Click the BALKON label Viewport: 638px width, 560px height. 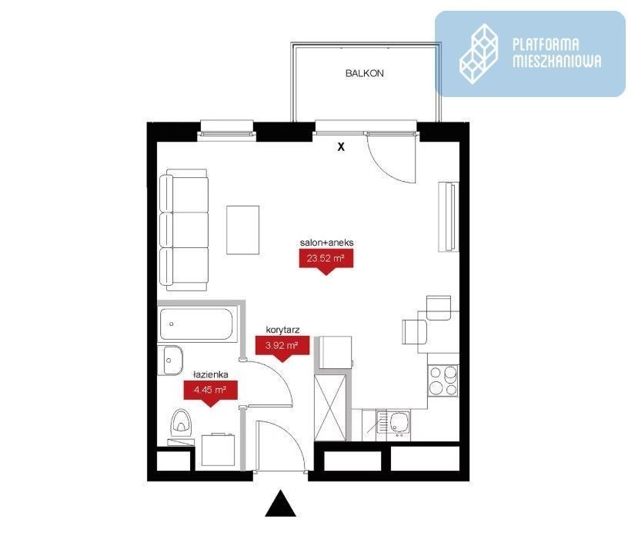[364, 73]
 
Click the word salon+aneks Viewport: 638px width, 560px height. [327, 243]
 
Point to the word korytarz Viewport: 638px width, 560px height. [282, 330]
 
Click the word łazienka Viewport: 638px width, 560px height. [211, 374]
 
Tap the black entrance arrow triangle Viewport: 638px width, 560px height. [280, 504]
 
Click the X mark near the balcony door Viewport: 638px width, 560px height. [341, 147]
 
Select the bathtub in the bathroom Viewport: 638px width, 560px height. [197, 324]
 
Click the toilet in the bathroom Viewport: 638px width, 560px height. [181, 421]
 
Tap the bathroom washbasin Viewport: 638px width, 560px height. [171, 360]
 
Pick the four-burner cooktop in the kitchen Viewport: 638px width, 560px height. [443, 381]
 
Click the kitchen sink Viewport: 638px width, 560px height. [393, 425]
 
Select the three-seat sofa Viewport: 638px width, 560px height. [184, 230]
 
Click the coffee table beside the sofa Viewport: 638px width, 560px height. [243, 230]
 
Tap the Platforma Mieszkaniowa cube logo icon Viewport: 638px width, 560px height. [479, 54]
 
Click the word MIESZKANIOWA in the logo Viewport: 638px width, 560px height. [556, 62]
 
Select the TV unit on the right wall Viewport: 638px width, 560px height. [449, 216]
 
